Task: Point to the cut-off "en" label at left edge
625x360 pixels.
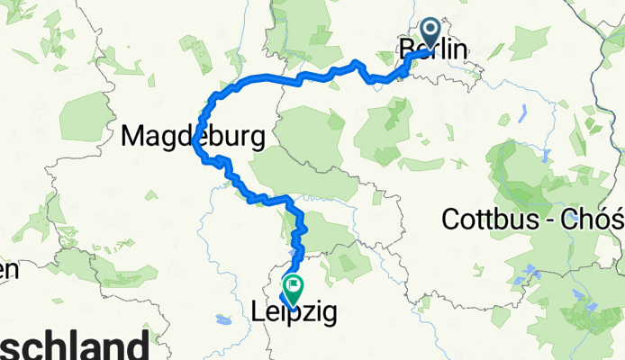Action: (x=9, y=269)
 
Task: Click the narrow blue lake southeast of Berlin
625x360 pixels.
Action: (x=523, y=114)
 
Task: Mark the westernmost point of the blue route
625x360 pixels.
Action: (x=194, y=142)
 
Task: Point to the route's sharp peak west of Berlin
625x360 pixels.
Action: (x=358, y=63)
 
